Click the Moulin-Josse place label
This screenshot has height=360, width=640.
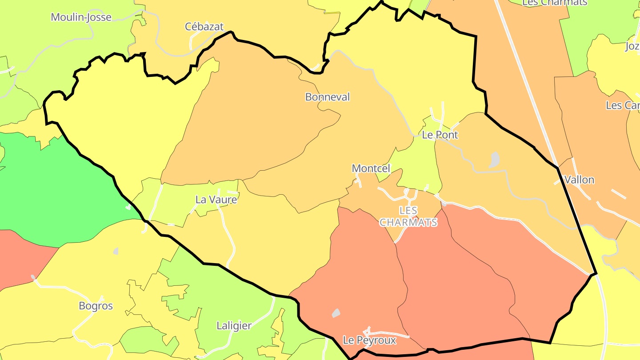pyautogui.click(x=81, y=17)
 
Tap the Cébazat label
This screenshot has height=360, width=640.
pyautogui.click(x=204, y=27)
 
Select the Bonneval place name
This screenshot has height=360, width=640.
pyautogui.click(x=328, y=97)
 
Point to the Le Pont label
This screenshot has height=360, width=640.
pyautogui.click(x=440, y=135)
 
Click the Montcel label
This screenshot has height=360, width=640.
pyautogui.click(x=371, y=168)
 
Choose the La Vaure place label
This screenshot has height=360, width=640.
pyautogui.click(x=216, y=200)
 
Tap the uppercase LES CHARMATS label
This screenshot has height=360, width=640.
pyautogui.click(x=408, y=216)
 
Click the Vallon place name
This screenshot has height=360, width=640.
pyautogui.click(x=579, y=180)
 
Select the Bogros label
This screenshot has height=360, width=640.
pyautogui.click(x=96, y=306)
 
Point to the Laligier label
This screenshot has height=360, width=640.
pyautogui.click(x=234, y=326)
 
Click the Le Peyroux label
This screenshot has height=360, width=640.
pyautogui.click(x=369, y=340)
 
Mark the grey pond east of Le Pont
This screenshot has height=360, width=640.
pyautogui.click(x=494, y=160)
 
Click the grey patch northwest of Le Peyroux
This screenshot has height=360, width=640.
pyautogui.click(x=336, y=313)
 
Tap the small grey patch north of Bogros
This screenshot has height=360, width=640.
pyautogui.click(x=116, y=251)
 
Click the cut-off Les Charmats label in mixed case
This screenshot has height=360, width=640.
pyautogui.click(x=555, y=3)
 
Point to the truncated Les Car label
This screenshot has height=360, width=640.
pyautogui.click(x=623, y=106)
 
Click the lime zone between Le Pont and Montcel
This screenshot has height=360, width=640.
pyautogui.click(x=416, y=164)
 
